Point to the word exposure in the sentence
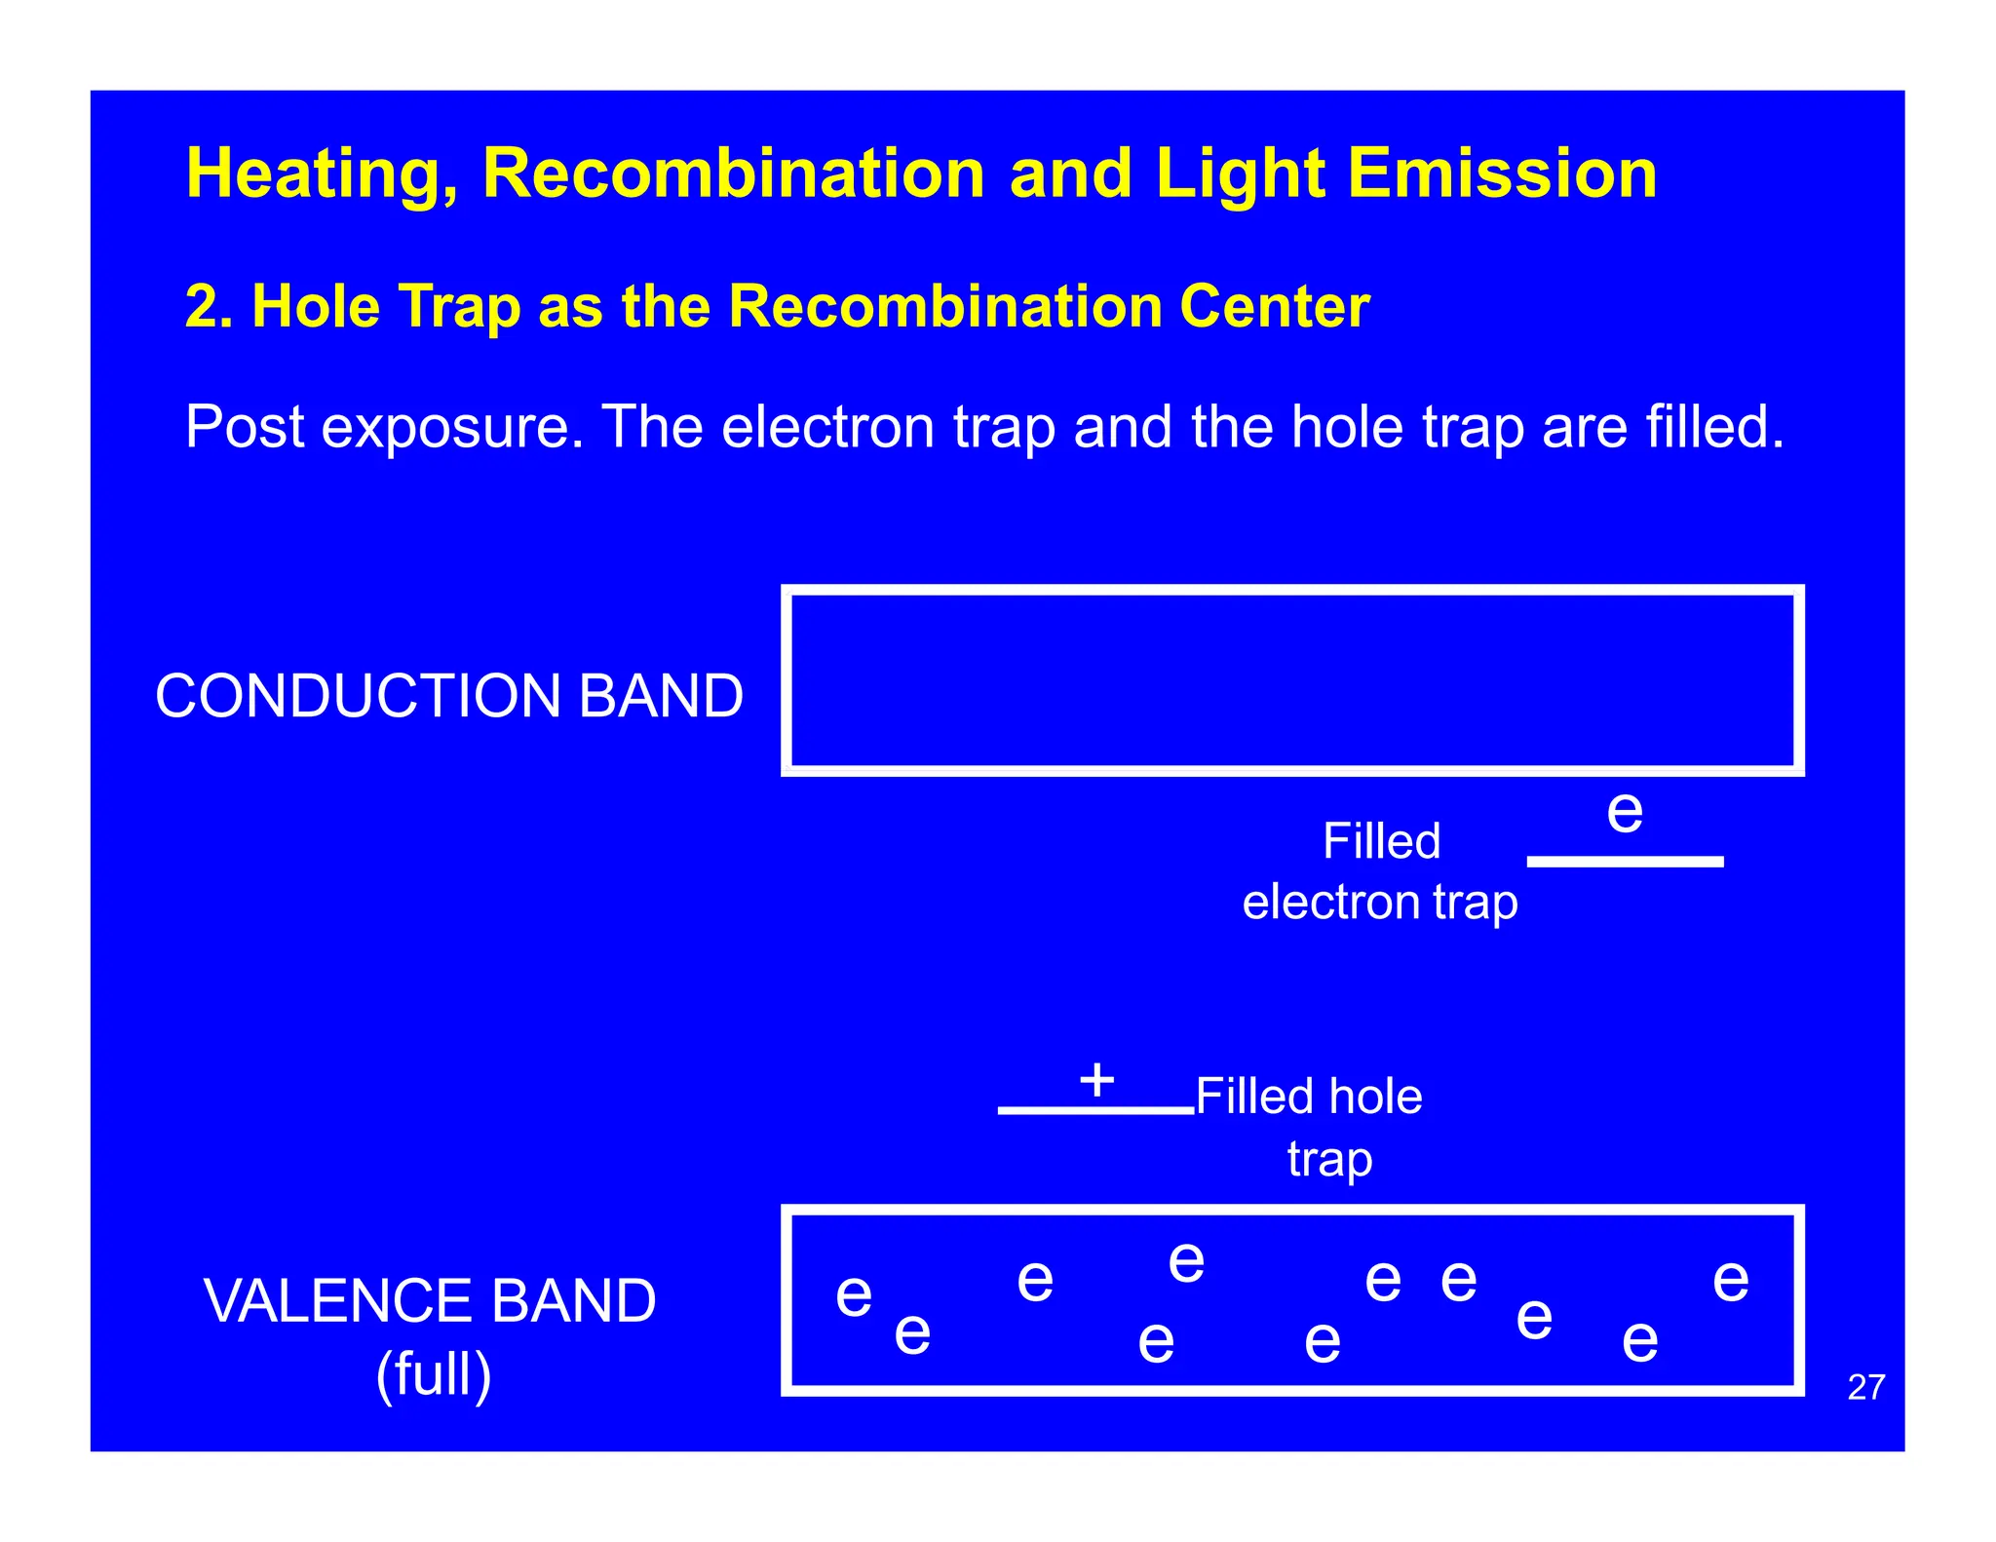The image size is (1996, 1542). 452,428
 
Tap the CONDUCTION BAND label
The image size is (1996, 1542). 449,696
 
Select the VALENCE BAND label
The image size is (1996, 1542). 430,1300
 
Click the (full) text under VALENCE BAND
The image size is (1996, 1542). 434,1374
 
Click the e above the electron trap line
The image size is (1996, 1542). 1625,811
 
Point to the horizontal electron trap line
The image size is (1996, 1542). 1625,862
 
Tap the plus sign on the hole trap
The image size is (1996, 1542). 1096,1080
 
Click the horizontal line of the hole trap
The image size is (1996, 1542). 1095,1110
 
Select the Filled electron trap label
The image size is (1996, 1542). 1380,871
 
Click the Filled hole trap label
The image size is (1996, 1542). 1310,1127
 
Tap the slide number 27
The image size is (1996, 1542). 1865,1387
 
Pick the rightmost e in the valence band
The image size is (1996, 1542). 1731,1280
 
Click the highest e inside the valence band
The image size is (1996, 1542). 1186,1263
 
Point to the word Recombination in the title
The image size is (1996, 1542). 733,173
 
